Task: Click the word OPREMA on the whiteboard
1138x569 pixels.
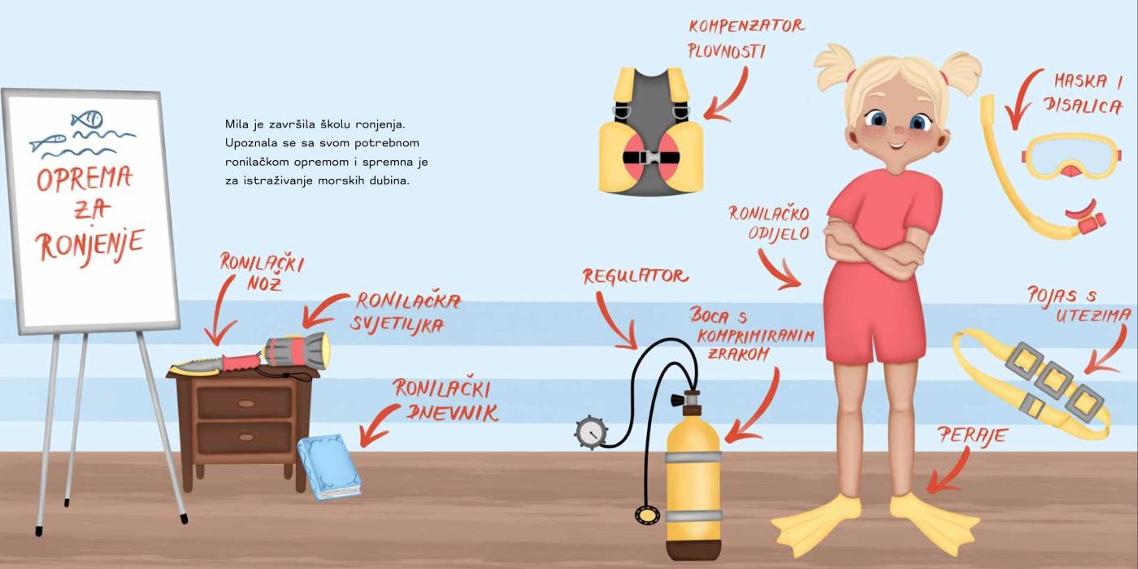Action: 85,178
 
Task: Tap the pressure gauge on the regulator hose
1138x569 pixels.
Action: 591,432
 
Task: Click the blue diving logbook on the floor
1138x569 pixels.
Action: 329,467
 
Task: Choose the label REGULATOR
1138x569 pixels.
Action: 636,276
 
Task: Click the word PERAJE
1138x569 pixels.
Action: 972,436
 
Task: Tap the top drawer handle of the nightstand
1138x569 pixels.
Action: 246,403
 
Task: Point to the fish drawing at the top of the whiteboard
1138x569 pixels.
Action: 87,119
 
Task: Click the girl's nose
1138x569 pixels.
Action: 898,131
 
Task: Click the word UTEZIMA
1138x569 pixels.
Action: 1093,316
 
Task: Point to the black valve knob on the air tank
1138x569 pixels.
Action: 676,401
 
